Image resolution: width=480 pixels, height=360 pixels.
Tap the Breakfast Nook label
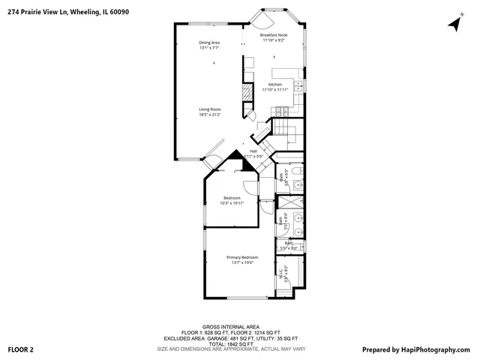(274, 35)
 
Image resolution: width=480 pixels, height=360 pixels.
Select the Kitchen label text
(275, 85)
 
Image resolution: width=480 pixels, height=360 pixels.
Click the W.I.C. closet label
(280, 274)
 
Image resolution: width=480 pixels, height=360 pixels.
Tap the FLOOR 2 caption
(21, 349)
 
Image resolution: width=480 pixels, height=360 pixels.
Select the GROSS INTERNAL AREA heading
(230, 327)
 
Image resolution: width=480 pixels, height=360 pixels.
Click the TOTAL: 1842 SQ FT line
(231, 343)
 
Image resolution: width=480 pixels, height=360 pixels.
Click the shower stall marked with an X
(289, 202)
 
